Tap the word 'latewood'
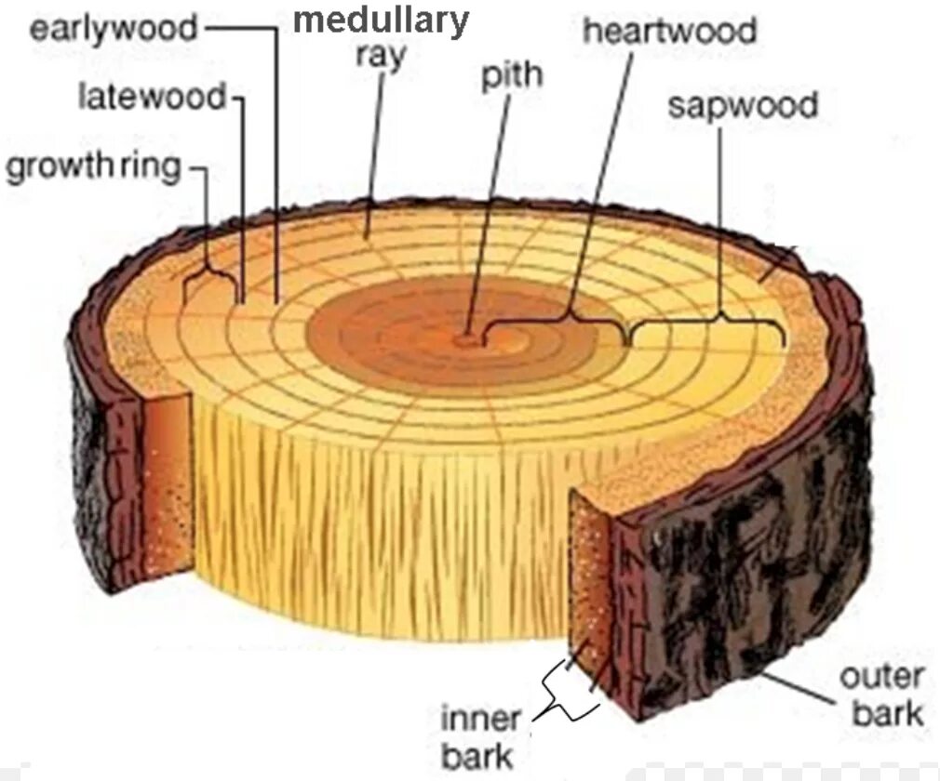point(152,96)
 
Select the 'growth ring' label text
point(92,167)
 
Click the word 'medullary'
point(382,20)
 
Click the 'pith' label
point(511,74)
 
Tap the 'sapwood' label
point(742,104)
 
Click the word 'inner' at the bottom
point(479,719)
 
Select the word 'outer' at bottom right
point(880,676)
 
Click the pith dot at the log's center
point(465,340)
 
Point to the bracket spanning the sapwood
point(707,325)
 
